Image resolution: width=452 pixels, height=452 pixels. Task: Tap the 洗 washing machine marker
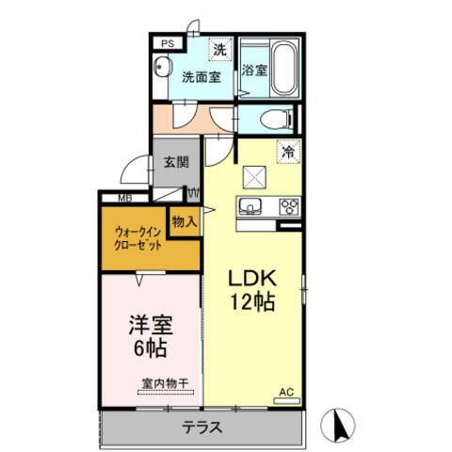pyautogui.click(x=218, y=49)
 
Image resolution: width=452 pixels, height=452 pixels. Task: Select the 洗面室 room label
pyautogui.click(x=201, y=78)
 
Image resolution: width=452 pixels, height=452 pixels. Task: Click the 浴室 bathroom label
pyautogui.click(x=253, y=71)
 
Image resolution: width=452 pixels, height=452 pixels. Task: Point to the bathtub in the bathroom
pyautogui.click(x=282, y=68)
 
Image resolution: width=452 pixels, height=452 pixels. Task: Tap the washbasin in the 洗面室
pyautogui.click(x=162, y=69)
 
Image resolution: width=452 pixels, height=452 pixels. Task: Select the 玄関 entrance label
pyautogui.click(x=175, y=161)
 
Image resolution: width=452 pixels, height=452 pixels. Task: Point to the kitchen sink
pyautogui.click(x=251, y=208)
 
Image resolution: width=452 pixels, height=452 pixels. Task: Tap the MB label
pyautogui.click(x=124, y=198)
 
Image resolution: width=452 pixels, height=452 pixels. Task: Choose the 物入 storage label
pyautogui.click(x=185, y=221)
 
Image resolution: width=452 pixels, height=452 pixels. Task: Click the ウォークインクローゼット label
pyautogui.click(x=138, y=237)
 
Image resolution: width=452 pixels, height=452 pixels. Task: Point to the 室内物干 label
pyautogui.click(x=165, y=382)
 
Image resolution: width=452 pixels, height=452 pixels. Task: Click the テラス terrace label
pyautogui.click(x=201, y=428)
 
